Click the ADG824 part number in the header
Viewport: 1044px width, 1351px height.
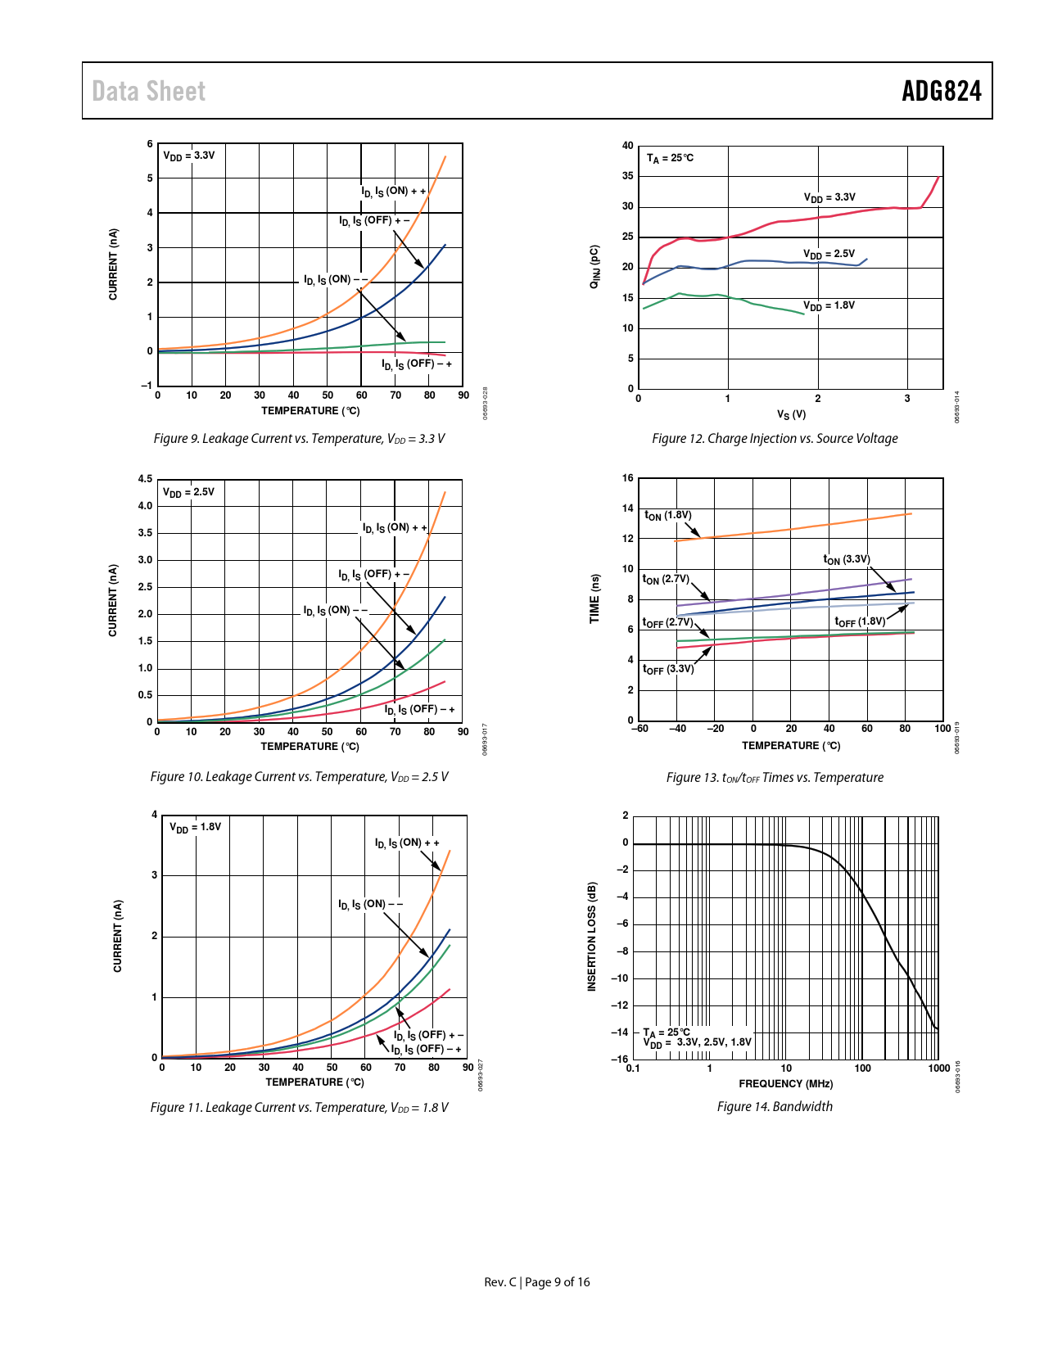[x=941, y=91]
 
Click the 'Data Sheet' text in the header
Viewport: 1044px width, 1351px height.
[x=148, y=91]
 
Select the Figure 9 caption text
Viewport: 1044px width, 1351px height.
[x=299, y=439]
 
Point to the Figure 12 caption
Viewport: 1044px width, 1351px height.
[x=775, y=439]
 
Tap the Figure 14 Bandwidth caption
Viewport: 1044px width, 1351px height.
[x=775, y=1107]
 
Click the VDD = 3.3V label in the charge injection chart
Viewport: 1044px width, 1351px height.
[x=829, y=197]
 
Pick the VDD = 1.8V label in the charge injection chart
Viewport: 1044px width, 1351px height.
[x=829, y=305]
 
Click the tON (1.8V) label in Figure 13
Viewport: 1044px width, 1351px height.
[x=667, y=516]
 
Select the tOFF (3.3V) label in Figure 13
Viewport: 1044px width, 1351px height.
[x=667, y=669]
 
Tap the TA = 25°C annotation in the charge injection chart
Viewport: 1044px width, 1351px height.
[x=670, y=158]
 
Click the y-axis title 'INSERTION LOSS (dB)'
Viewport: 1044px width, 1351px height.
[x=592, y=937]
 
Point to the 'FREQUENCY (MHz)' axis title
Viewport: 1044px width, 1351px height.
[x=785, y=1083]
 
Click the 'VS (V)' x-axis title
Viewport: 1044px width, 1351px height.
[x=791, y=414]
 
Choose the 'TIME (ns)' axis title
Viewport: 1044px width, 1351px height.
[x=594, y=599]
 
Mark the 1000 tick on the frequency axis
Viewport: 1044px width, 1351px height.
[x=938, y=1068]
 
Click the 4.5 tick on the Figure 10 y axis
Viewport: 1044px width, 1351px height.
[x=145, y=479]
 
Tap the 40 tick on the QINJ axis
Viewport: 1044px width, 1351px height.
[x=628, y=146]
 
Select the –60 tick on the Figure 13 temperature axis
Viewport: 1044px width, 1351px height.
[x=640, y=728]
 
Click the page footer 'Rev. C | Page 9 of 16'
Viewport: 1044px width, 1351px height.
[x=536, y=1282]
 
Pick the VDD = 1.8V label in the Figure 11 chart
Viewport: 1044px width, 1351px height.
[x=195, y=827]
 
